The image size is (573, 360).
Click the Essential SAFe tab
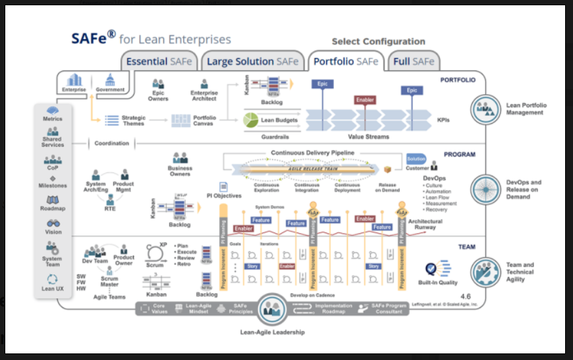click(159, 62)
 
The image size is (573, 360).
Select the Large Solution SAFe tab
click(253, 62)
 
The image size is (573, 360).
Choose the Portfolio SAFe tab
click(346, 62)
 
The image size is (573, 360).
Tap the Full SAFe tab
click(414, 62)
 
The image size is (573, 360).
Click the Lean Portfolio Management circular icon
click(486, 109)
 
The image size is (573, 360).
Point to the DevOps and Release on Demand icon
click(486, 190)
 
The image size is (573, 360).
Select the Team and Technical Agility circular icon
click(486, 272)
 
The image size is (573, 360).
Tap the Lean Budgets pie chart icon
click(251, 120)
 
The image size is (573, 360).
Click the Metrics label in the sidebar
click(53, 119)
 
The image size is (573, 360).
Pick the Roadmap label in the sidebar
click(53, 209)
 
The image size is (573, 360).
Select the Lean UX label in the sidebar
click(53, 288)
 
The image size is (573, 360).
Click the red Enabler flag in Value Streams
click(365, 100)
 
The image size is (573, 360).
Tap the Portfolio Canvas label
click(204, 120)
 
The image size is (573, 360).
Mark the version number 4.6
click(466, 296)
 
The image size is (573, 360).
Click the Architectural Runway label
click(425, 225)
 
